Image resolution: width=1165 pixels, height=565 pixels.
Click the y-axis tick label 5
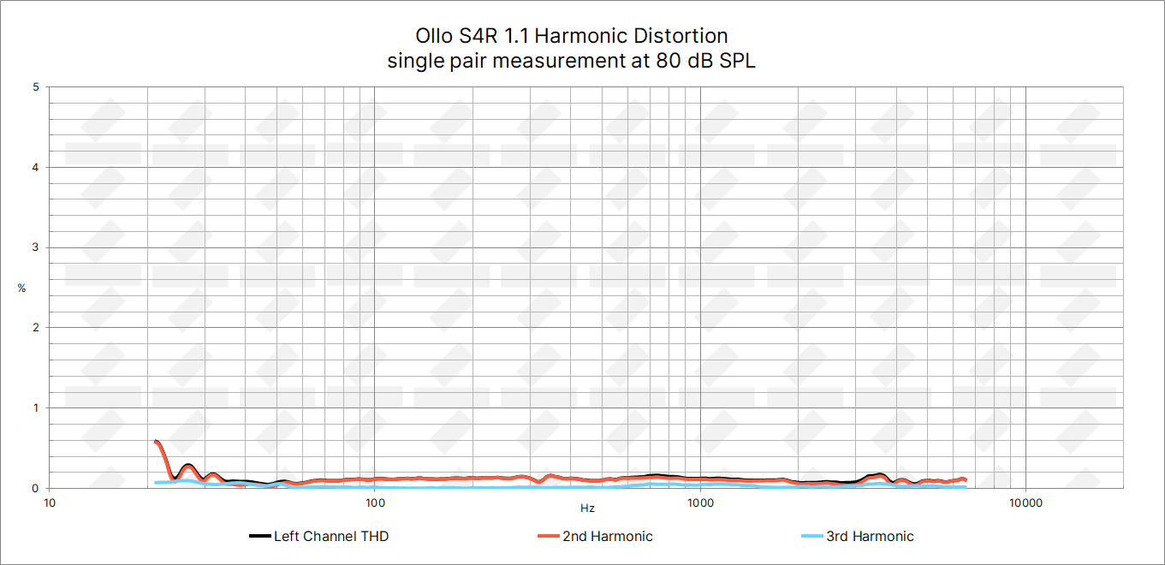pyautogui.click(x=35, y=87)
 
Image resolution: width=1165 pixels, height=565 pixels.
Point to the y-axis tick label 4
pyautogui.click(x=35, y=168)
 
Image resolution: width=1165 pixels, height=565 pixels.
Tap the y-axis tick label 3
pyautogui.click(x=35, y=247)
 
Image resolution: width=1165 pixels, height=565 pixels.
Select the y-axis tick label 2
pyautogui.click(x=35, y=328)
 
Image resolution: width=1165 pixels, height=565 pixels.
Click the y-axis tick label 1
pyautogui.click(x=35, y=408)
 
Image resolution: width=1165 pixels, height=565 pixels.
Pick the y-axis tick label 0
pyautogui.click(x=35, y=488)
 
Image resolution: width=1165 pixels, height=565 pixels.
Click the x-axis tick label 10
pyautogui.click(x=50, y=503)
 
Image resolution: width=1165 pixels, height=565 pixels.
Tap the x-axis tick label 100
pyautogui.click(x=375, y=503)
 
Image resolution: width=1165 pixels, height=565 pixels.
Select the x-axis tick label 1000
pyautogui.click(x=700, y=503)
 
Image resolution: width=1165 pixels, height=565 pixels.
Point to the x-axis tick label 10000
pyautogui.click(x=1025, y=503)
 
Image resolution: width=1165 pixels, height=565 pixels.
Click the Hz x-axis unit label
pyautogui.click(x=587, y=508)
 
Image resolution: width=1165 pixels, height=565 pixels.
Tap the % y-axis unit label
pyautogui.click(x=21, y=288)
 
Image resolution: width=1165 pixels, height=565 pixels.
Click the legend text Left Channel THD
pyautogui.click(x=330, y=537)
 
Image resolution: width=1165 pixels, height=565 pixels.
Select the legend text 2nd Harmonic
pyautogui.click(x=607, y=537)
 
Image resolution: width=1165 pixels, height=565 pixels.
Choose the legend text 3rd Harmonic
pyautogui.click(x=870, y=537)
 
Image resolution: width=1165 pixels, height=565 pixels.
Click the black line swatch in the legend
pyautogui.click(x=259, y=537)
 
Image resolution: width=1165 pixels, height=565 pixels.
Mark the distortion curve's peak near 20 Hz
pyautogui.click(x=155, y=442)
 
